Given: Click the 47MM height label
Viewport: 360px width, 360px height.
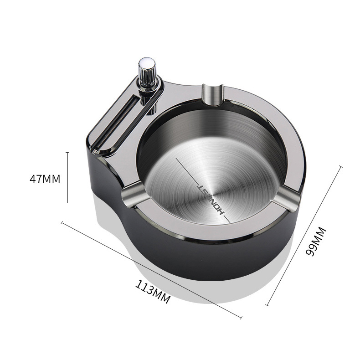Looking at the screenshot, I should coord(45,179).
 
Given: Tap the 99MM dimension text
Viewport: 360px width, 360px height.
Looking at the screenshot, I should coord(311,242).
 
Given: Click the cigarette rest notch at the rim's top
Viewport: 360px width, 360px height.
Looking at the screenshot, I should coord(212,93).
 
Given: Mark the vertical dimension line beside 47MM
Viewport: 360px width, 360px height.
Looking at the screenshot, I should coord(67,178).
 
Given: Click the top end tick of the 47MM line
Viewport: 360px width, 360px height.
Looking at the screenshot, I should coord(67,152).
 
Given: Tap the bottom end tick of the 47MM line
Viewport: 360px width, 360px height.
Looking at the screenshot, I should coord(67,203).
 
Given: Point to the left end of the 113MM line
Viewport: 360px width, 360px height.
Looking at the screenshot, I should coord(62,223).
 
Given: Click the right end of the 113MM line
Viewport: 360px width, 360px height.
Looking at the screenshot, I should coord(241,317).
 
